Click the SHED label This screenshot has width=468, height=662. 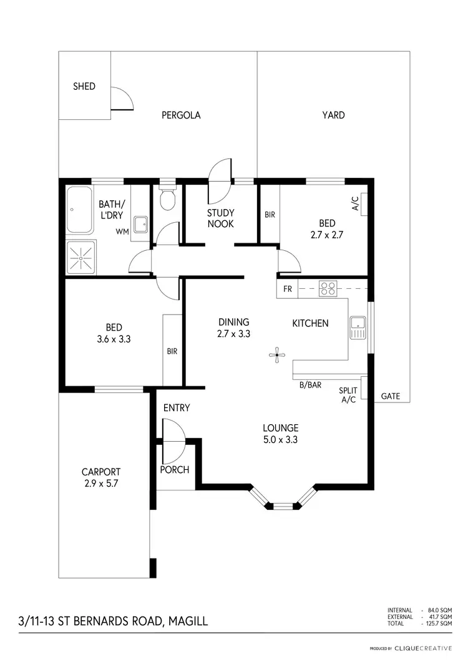84,86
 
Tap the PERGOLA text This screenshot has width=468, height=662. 181,115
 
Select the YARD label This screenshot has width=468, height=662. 333,115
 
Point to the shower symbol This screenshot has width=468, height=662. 80,256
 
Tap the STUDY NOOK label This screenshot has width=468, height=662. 221,218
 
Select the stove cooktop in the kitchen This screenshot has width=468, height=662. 328,288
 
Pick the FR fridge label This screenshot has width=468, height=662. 288,289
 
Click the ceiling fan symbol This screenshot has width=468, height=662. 276,356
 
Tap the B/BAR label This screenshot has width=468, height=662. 310,385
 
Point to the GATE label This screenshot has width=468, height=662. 390,396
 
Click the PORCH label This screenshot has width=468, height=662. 175,470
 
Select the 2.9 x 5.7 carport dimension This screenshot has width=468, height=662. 100,482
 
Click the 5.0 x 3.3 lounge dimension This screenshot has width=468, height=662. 280,439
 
